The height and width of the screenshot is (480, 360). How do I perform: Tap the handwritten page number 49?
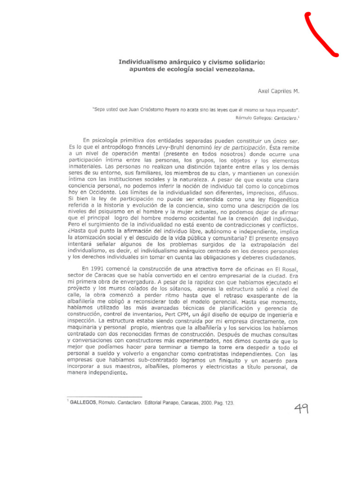[301, 410]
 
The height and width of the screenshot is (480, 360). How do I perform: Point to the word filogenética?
[279, 199]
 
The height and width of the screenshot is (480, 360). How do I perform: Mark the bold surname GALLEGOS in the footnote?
[83, 402]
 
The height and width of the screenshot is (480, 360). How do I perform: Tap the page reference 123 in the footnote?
[228, 402]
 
